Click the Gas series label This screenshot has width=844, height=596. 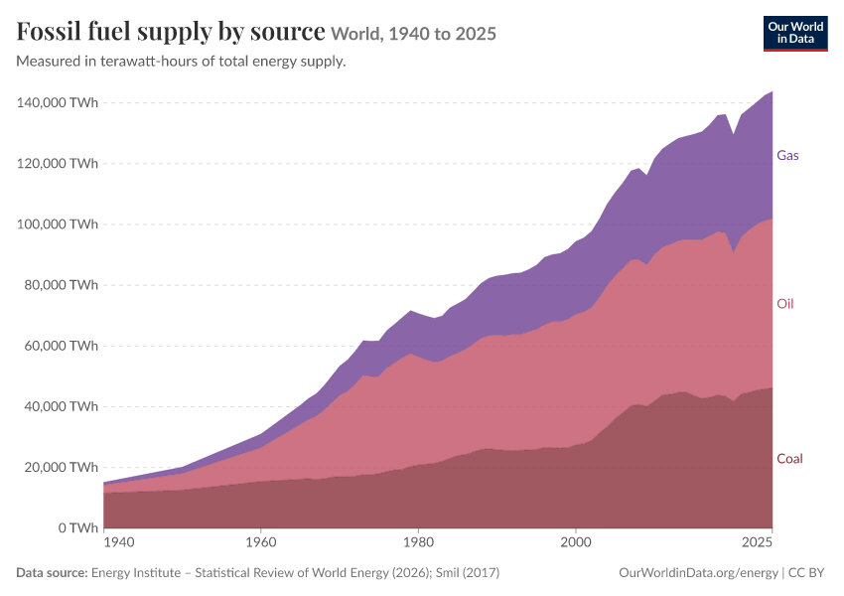click(x=787, y=156)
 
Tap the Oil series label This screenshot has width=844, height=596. click(x=784, y=304)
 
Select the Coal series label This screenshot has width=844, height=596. click(x=789, y=459)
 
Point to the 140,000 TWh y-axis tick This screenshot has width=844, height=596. click(x=57, y=102)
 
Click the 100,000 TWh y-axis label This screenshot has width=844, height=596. click(x=57, y=223)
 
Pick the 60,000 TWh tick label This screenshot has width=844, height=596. click(x=61, y=346)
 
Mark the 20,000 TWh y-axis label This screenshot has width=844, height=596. click(x=61, y=467)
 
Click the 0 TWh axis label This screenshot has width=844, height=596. click(x=78, y=528)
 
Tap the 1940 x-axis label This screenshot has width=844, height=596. click(x=119, y=542)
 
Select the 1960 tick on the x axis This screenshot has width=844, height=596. click(x=261, y=542)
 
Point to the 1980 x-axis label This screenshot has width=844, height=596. click(x=418, y=542)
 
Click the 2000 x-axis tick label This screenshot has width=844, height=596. click(x=576, y=542)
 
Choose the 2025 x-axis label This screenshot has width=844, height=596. click(x=757, y=542)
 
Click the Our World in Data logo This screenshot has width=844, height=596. click(x=795, y=34)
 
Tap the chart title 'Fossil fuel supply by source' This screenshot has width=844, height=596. click(x=171, y=31)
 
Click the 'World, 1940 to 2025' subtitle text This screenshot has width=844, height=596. click(x=413, y=34)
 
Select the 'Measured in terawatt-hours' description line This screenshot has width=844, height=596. click(x=181, y=62)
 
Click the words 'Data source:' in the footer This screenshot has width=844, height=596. click(x=52, y=573)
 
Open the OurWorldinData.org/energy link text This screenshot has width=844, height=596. click(x=699, y=573)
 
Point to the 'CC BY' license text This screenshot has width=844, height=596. click(x=806, y=573)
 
